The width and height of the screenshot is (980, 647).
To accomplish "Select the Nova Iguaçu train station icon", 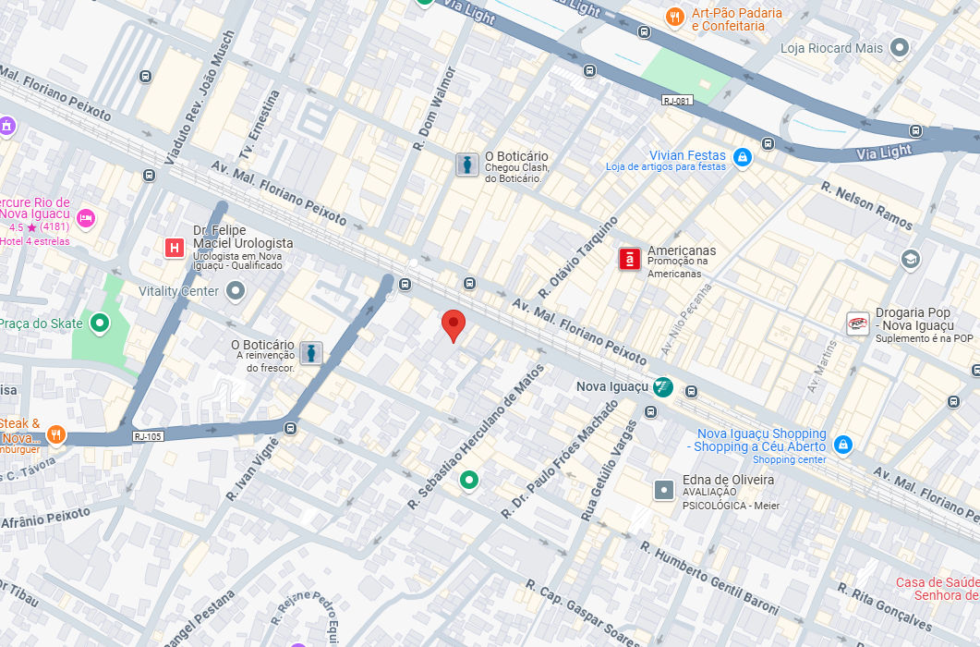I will pos(662,387).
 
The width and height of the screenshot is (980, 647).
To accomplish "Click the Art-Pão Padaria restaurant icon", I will pos(675,17).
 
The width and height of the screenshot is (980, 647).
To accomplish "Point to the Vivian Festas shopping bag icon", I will pos(741,159).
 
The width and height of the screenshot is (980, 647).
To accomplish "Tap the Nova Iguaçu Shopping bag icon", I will pos(842,445).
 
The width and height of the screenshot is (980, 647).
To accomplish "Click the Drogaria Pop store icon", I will pos(858,323).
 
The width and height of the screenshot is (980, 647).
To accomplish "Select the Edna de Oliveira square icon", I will pos(664,490).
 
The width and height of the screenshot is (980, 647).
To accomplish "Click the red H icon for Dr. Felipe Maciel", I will pos(174,247).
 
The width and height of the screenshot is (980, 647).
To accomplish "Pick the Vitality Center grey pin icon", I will pos(236,292).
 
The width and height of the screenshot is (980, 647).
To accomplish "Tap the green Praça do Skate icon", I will pos(99,323).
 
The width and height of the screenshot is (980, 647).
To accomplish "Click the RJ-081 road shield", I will pos(677,101).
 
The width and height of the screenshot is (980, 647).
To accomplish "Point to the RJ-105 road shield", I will pos(148,436).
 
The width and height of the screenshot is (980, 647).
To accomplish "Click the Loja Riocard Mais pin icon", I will pos(900,48).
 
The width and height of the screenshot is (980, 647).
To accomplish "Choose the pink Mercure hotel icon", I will pos(86,219).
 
